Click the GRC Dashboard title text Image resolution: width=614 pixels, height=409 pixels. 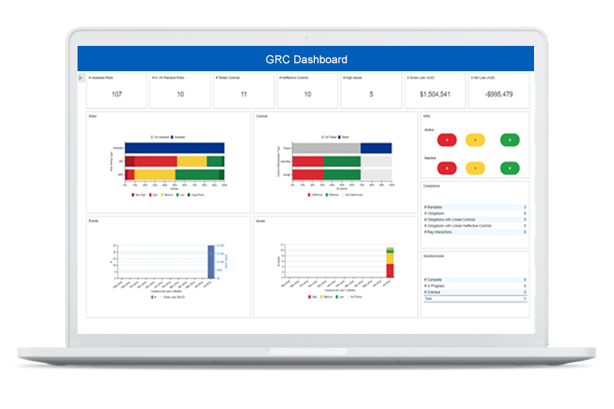tap(306, 59)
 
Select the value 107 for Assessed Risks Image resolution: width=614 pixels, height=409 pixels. tap(117, 95)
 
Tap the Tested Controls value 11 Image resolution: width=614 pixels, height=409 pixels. tap(244, 95)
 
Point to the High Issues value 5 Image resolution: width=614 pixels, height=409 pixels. tap(371, 95)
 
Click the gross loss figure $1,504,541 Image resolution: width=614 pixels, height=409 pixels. tap(434, 95)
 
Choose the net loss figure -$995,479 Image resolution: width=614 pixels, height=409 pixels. tap(498, 95)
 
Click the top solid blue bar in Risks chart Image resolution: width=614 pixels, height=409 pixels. tap(175, 148)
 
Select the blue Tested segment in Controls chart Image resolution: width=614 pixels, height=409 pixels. tap(376, 148)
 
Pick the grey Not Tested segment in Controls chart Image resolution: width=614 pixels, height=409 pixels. tap(329, 148)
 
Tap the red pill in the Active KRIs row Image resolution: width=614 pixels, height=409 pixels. tap(447, 140)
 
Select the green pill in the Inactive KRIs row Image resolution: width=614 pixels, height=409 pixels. tap(510, 168)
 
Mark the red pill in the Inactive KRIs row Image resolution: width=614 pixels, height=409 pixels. tap(447, 168)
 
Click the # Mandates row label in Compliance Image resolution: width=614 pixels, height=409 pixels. tap(433, 207)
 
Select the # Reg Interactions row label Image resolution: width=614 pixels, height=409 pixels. tap(440, 233)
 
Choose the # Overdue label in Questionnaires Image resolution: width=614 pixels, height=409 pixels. tap(434, 291)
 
